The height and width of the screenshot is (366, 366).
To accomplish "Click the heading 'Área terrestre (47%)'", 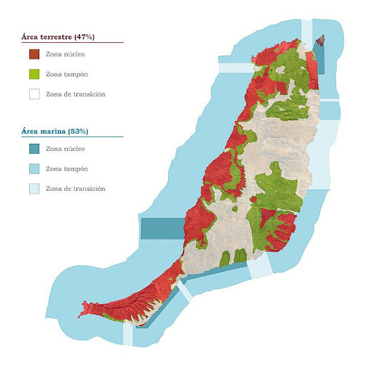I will [x=61, y=36].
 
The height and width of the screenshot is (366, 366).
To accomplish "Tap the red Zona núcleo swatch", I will [x=34, y=54].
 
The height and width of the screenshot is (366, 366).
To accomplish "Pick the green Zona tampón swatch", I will [x=34, y=74].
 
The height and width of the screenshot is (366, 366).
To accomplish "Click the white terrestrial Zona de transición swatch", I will [x=34, y=94].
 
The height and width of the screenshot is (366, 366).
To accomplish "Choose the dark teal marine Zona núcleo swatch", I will [x=34, y=149].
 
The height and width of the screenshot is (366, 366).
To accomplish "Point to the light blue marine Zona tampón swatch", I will [x=34, y=169].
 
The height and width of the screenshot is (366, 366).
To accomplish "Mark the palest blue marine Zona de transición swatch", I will [x=34, y=189].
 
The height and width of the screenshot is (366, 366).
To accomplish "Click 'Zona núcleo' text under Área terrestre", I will [x=65, y=54].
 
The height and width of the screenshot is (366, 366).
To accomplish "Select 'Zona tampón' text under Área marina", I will [x=65, y=169].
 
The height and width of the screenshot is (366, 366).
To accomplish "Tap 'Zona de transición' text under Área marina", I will [x=75, y=189].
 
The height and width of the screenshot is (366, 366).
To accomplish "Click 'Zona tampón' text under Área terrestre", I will [x=65, y=74].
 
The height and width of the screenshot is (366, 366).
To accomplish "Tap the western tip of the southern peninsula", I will [x=85, y=305].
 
